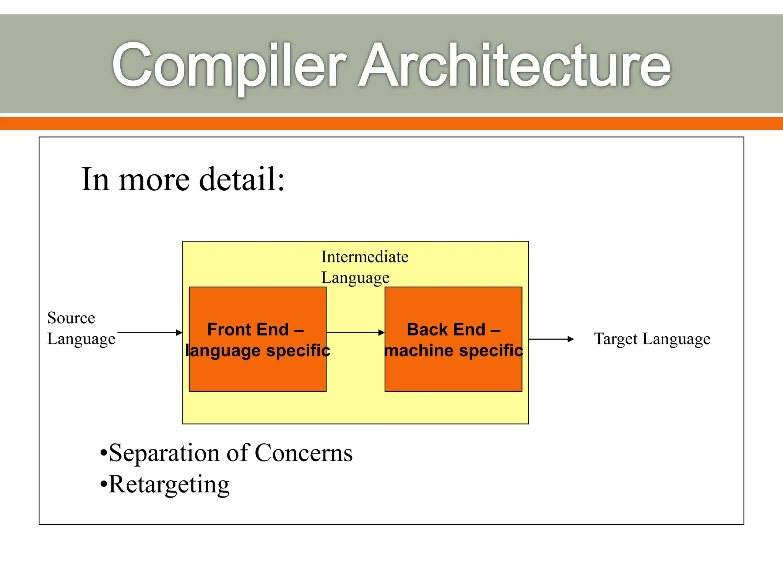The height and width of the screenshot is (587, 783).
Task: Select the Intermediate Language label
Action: click(364, 267)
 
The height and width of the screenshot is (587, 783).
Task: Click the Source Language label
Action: click(81, 328)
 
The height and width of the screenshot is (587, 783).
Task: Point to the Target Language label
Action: click(652, 339)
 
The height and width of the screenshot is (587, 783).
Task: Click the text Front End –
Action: click(255, 329)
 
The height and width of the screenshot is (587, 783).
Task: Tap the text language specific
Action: click(258, 350)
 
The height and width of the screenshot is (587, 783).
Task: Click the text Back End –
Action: click(453, 329)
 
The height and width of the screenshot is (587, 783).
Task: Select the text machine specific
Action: click(453, 350)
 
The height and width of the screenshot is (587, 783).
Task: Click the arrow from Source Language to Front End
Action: click(150, 332)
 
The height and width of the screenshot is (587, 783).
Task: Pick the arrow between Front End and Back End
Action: click(356, 332)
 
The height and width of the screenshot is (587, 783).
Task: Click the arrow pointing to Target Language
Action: click(551, 339)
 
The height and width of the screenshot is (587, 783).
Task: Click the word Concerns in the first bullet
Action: click(303, 454)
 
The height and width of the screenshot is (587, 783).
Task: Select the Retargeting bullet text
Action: click(169, 485)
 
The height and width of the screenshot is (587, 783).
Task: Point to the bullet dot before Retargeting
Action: click(103, 485)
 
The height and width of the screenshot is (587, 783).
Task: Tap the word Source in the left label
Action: click(71, 318)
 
